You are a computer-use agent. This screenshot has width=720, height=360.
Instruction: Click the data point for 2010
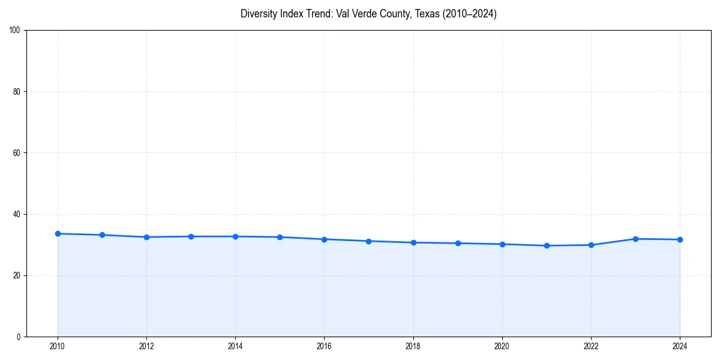pyautogui.click(x=58, y=233)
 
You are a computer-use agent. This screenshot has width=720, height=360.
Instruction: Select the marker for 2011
pyautogui.click(x=102, y=235)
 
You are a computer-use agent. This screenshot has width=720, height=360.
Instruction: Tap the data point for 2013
pyautogui.click(x=191, y=236)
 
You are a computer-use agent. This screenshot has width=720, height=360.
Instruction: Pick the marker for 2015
pyautogui.click(x=280, y=237)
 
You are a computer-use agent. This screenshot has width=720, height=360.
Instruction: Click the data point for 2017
pyautogui.click(x=368, y=241)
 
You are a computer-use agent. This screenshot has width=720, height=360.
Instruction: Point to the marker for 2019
pyautogui.click(x=458, y=243)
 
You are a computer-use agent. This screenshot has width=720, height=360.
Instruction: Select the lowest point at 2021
pyautogui.click(x=547, y=245)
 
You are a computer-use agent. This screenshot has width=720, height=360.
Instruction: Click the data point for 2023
pyautogui.click(x=635, y=239)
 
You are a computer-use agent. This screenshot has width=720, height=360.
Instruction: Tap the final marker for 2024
pyautogui.click(x=680, y=239)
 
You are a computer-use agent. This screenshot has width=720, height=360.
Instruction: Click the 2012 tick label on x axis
pyautogui.click(x=146, y=346)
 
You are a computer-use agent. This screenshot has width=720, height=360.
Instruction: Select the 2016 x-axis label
pyautogui.click(x=324, y=346)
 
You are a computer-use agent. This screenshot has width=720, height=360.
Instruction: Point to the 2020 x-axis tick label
pyautogui.click(x=502, y=346)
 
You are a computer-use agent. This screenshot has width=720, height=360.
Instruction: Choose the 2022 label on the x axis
pyautogui.click(x=591, y=346)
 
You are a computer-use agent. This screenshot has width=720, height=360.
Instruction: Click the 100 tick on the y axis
pyautogui.click(x=15, y=31)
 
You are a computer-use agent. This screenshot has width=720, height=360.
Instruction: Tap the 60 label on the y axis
pyautogui.click(x=17, y=153)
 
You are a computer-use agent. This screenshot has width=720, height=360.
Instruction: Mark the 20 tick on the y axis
pyautogui.click(x=17, y=275)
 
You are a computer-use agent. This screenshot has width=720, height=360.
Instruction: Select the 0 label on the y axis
pyautogui.click(x=19, y=337)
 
